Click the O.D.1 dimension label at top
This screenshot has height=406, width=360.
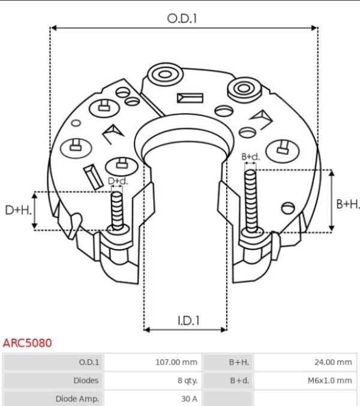[182, 19]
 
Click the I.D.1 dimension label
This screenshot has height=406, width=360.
[188, 321]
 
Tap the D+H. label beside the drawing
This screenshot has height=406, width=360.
[18, 210]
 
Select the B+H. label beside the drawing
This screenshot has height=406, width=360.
[348, 204]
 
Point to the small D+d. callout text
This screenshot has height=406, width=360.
[118, 181]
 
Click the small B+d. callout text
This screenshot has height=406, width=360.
[250, 157]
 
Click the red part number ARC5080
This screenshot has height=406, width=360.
[27, 343]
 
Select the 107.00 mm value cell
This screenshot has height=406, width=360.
[176, 362]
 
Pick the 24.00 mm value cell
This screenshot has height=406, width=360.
[333, 362]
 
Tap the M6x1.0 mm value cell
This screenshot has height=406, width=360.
[330, 380]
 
